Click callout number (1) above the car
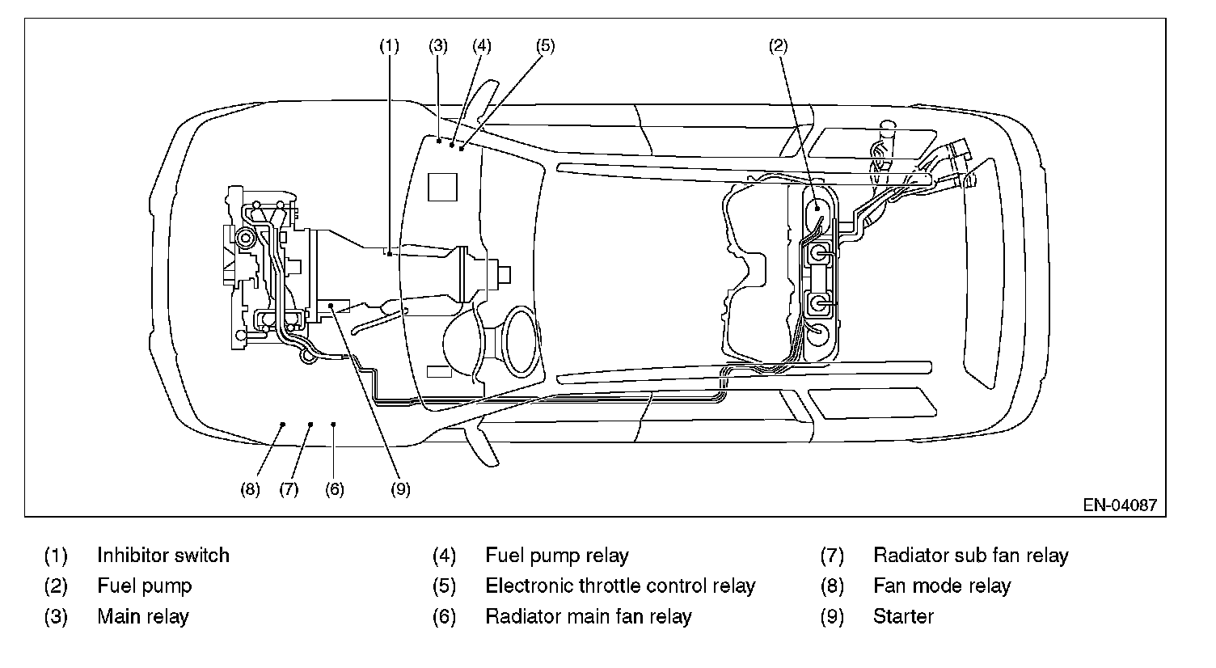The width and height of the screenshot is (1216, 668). [390, 46]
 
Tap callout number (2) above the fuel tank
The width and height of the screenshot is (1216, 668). [778, 46]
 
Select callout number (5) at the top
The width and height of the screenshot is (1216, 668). [545, 46]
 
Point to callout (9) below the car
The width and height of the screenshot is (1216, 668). [400, 488]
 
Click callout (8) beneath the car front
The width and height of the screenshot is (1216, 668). [250, 488]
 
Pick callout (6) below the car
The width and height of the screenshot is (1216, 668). [334, 488]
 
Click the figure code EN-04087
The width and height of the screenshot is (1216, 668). [1120, 505]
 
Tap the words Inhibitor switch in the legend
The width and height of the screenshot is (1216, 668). [163, 556]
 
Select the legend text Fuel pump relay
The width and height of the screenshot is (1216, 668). [556, 556]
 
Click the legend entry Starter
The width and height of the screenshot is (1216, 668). [903, 616]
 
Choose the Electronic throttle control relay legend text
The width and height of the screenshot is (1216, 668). [619, 586]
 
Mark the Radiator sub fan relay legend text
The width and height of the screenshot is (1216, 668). [970, 556]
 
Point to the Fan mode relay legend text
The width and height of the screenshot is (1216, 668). [942, 586]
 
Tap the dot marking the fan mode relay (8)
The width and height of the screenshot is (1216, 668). [283, 423]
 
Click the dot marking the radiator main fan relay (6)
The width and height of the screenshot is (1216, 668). [334, 423]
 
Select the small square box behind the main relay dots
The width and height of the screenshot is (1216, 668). [442, 186]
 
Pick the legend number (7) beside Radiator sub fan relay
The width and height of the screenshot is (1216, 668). [832, 556]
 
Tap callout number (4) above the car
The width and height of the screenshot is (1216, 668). [482, 46]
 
